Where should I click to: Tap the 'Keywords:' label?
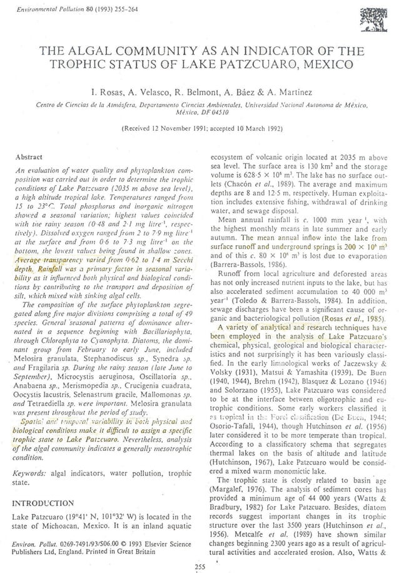click(30, 474)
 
